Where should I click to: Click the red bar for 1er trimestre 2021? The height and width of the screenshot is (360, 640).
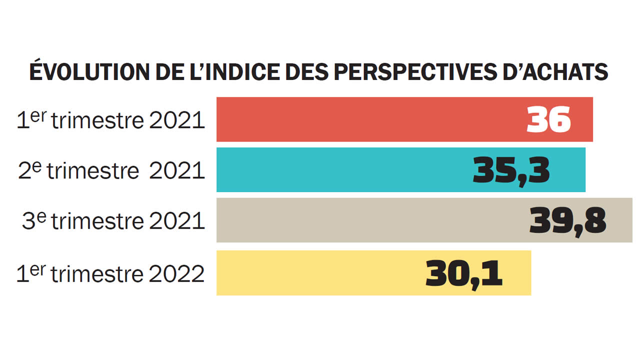tap(370, 119)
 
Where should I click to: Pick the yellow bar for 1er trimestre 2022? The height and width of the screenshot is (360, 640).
tap(320, 273)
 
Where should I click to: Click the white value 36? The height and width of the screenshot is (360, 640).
tap(548, 119)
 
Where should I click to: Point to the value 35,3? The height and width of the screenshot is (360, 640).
tap(511, 170)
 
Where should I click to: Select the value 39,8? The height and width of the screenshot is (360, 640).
tap(567, 221)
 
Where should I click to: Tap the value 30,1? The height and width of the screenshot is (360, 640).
tap(464, 273)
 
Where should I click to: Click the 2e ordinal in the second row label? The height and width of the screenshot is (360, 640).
tap(30, 170)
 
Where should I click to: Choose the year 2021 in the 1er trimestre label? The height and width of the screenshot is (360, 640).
tap(177, 121)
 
